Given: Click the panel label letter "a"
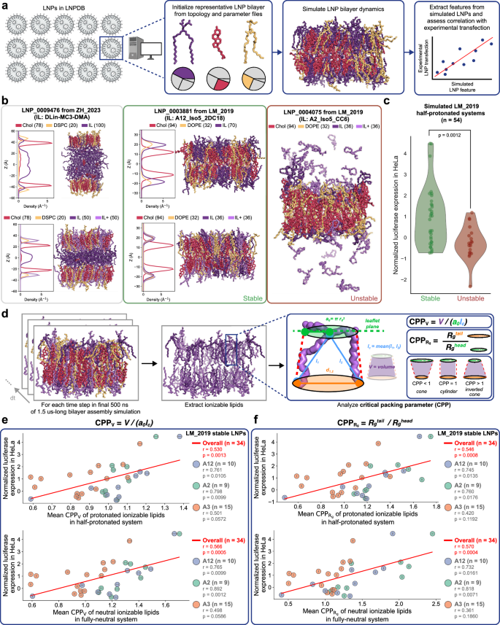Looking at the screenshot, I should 4,5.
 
